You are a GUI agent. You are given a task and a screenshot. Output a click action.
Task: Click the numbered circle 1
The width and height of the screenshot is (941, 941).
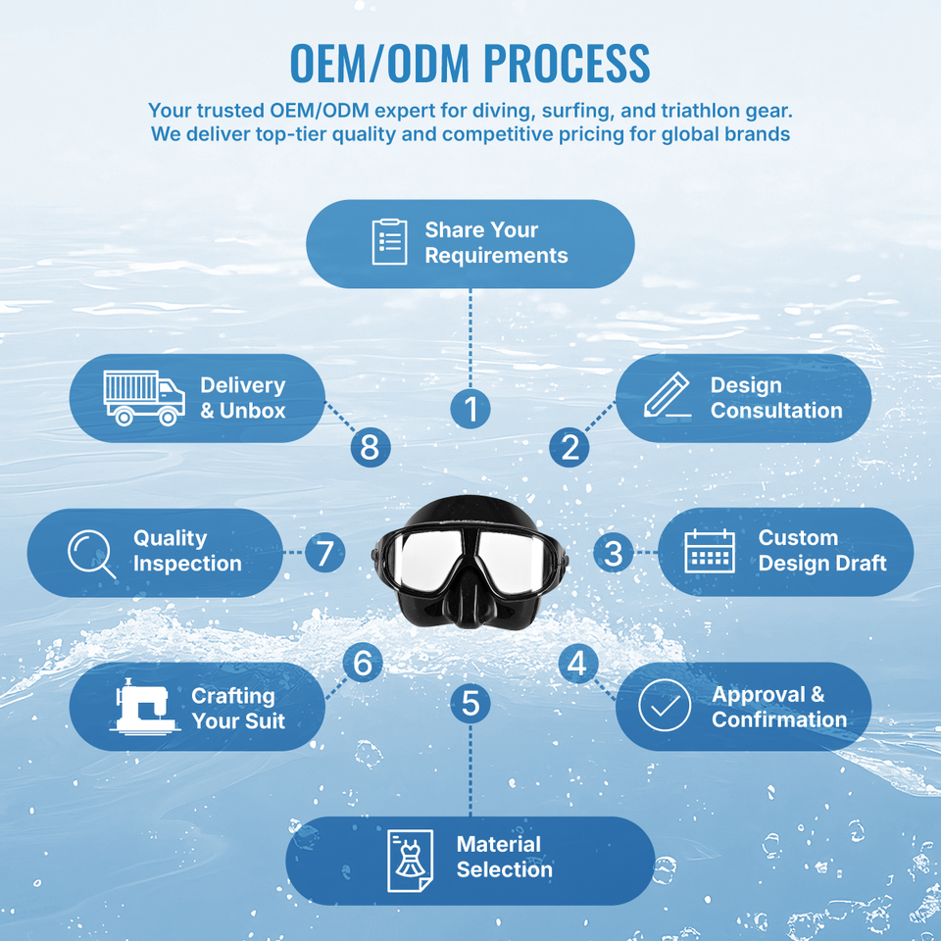[x=470, y=409]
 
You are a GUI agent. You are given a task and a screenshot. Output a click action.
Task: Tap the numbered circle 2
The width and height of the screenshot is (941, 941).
[x=569, y=447]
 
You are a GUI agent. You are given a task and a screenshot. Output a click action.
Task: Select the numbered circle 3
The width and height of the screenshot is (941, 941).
[x=614, y=552]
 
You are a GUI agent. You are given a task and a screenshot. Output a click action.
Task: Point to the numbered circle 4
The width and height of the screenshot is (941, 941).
[x=578, y=664]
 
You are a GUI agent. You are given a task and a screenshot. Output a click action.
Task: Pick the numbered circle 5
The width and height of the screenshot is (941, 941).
[x=470, y=704]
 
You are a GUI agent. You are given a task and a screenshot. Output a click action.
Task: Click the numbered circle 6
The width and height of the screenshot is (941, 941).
[x=363, y=663]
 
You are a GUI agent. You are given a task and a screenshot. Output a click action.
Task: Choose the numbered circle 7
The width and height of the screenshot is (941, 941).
[x=324, y=553]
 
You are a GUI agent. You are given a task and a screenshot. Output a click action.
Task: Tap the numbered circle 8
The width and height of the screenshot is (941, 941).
[x=371, y=447]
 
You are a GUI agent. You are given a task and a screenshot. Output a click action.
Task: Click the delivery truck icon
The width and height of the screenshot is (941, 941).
[x=144, y=398]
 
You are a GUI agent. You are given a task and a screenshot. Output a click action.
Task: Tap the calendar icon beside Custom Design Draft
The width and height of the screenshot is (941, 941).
[x=710, y=551]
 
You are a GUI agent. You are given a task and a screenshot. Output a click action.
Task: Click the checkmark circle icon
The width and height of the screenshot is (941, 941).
[x=665, y=705]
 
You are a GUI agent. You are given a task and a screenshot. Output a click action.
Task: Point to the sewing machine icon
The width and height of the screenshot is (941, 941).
[x=145, y=706]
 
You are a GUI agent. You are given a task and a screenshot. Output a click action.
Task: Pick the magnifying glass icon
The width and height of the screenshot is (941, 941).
[x=91, y=553]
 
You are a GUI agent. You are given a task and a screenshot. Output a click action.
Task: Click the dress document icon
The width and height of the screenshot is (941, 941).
[x=410, y=861]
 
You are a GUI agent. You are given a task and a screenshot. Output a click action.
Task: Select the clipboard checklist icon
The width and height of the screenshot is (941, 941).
[x=389, y=242]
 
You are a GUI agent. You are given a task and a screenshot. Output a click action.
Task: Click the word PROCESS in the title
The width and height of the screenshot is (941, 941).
[x=567, y=63]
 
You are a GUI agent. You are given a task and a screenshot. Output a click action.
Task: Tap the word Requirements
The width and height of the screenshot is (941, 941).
[x=496, y=256]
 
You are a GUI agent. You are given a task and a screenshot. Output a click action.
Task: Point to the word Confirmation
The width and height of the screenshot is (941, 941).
[x=779, y=718]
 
